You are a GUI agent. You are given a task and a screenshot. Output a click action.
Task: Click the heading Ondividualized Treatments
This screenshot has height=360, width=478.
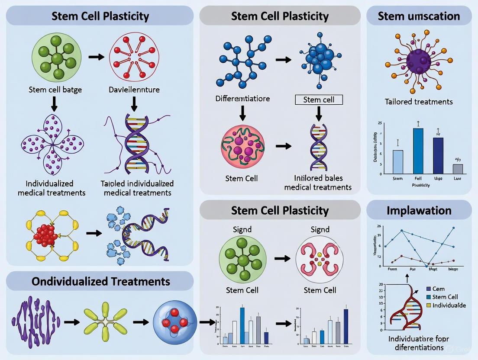pyautogui.click(x=100, y=281)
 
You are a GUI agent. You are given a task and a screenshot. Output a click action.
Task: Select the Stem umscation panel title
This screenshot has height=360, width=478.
pyautogui.click(x=419, y=16)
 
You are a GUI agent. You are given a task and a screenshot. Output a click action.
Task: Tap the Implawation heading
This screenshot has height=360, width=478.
pyautogui.click(x=419, y=210)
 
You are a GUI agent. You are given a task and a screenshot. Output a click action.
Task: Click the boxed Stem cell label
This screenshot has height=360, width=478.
pyautogui.click(x=319, y=100)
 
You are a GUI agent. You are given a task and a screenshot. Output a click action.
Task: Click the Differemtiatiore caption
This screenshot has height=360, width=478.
pyautogui.click(x=242, y=99)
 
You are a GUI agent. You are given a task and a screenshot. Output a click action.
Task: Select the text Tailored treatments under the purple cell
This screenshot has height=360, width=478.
pyautogui.click(x=418, y=102)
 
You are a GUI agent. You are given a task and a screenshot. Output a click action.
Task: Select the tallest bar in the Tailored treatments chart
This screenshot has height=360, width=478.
pyautogui.click(x=418, y=151)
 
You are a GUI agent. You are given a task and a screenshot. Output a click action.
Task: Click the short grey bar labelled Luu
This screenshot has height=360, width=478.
pyautogui.click(x=458, y=169)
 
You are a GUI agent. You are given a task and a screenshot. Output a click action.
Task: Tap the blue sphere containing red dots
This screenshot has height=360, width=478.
pyautogui.click(x=173, y=322)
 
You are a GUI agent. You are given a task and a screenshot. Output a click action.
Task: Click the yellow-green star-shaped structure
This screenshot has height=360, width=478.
pyautogui.click(x=106, y=321)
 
